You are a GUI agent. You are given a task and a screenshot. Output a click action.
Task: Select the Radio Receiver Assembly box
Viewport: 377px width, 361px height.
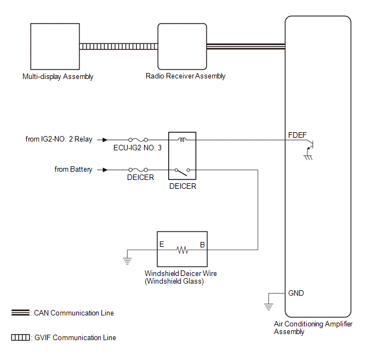point(182,47)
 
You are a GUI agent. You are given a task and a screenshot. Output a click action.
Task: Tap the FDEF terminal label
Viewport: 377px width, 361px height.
point(297,134)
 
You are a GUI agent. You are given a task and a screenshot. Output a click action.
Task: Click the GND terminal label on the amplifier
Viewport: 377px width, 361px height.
point(296,293)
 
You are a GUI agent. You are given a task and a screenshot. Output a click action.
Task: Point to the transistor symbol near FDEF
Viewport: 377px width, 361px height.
point(310,145)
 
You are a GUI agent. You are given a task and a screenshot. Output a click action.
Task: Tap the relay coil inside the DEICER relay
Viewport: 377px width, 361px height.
point(182,140)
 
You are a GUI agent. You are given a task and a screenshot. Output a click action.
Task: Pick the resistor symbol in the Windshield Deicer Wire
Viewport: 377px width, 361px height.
point(182,250)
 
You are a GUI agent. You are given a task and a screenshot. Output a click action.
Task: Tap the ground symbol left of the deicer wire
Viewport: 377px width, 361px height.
point(127,255)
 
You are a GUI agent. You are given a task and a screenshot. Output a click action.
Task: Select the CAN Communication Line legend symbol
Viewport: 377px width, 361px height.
point(21,313)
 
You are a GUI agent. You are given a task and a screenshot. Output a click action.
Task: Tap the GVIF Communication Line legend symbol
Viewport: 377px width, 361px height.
point(21,337)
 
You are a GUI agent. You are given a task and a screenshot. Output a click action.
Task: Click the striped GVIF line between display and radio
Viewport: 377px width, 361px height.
point(118,47)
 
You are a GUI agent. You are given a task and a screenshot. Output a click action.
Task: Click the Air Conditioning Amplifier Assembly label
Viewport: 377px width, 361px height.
point(313,328)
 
